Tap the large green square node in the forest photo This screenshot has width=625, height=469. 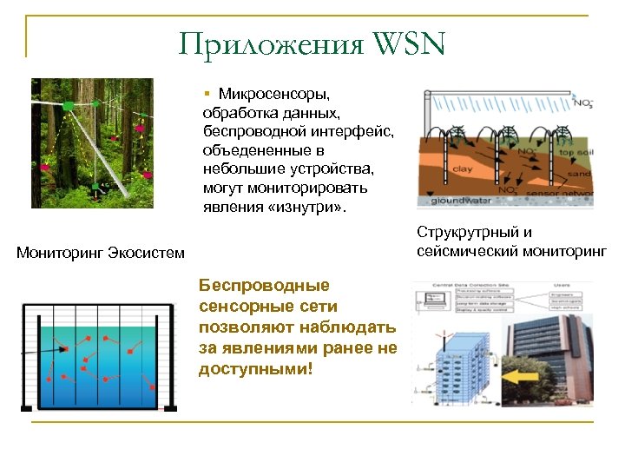tap(68, 105)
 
